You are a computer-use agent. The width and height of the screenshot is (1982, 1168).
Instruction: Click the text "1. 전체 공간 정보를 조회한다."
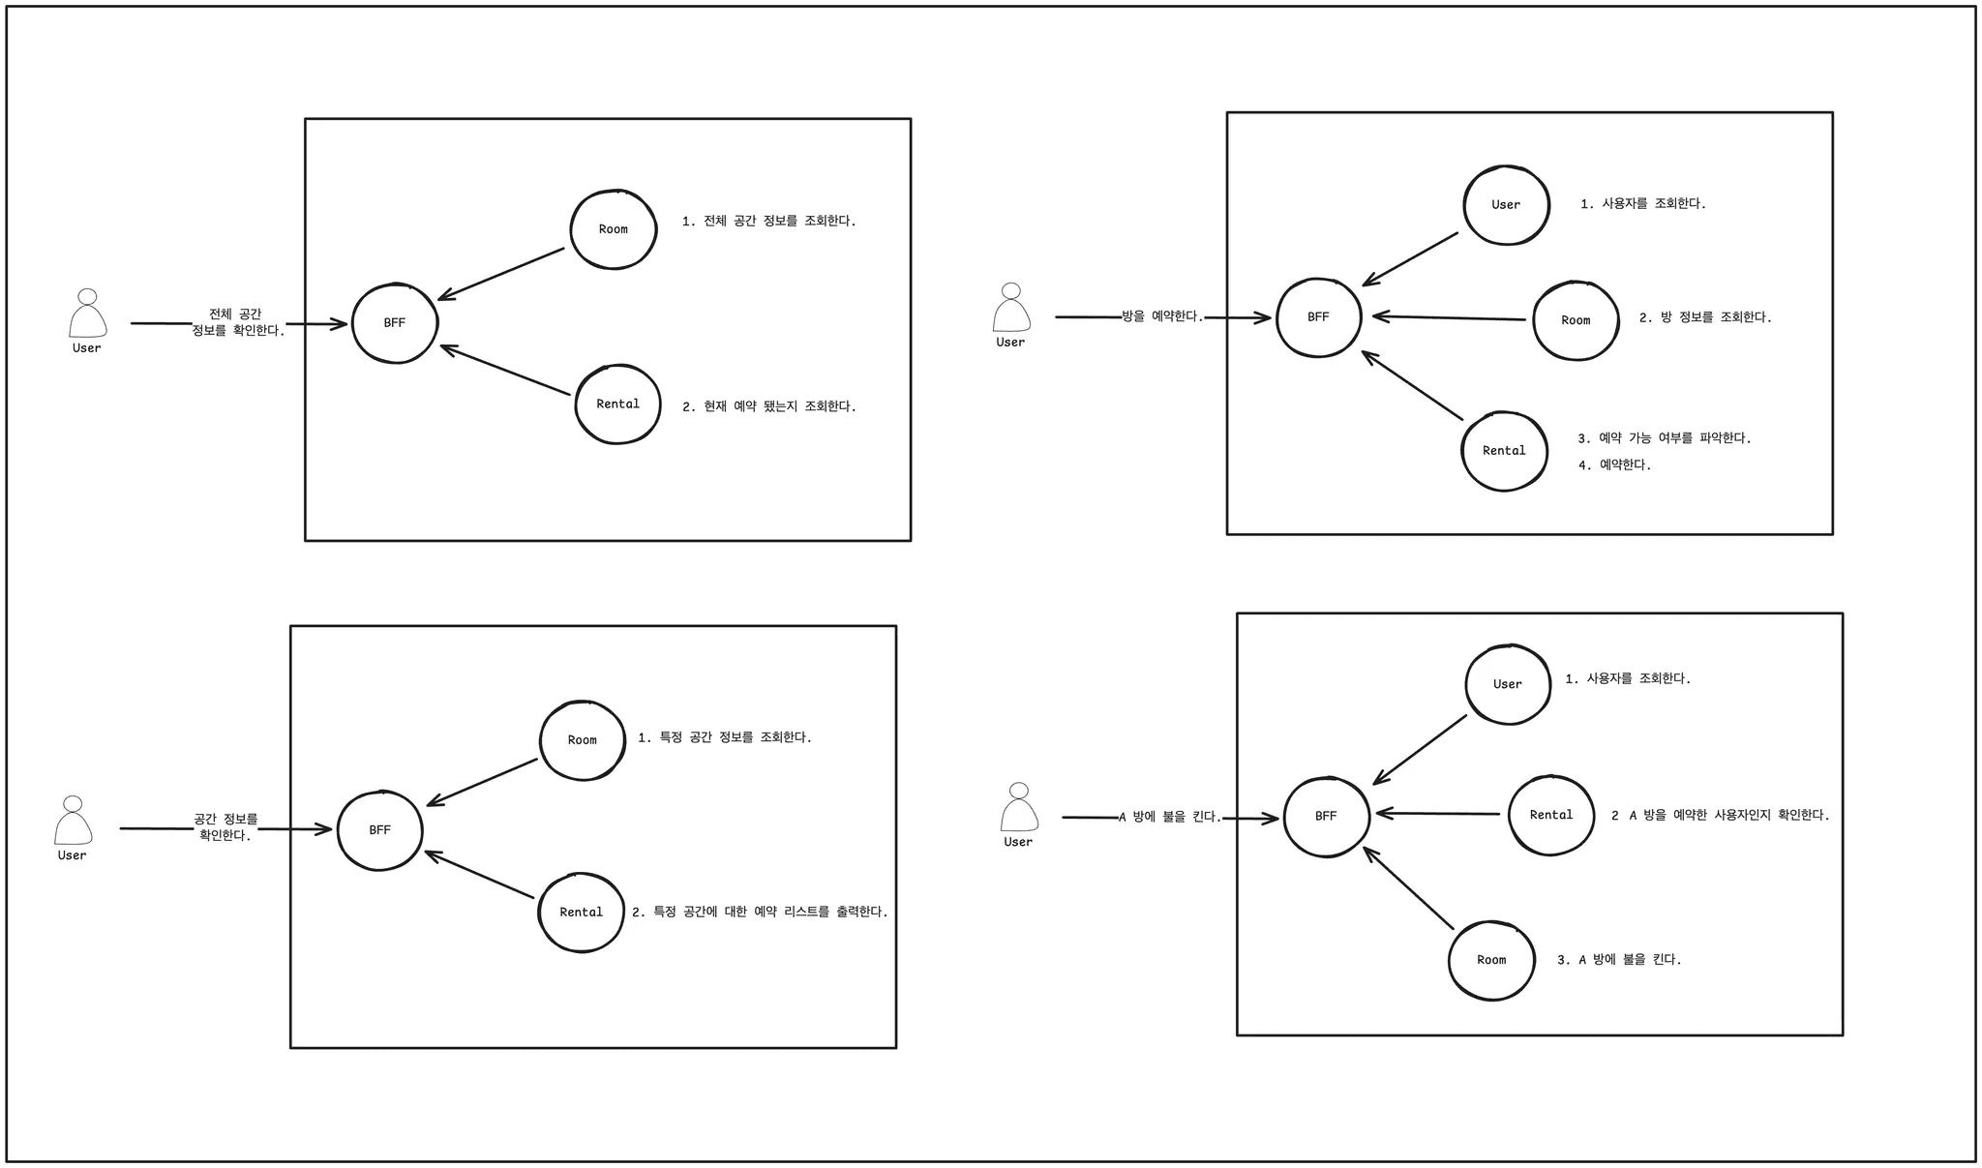point(769,222)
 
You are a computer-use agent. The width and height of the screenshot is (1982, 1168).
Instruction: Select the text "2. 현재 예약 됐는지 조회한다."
point(769,407)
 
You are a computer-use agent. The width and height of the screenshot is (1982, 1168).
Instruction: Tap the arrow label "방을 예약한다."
point(1162,316)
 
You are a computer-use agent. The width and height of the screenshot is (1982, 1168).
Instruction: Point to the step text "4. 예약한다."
point(1614,465)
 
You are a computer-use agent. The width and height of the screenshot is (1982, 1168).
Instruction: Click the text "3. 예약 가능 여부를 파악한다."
point(1665,438)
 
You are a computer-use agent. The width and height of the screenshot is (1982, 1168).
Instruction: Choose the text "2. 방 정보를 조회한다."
point(1705,317)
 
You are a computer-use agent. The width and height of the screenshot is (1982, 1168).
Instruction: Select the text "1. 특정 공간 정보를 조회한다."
point(725,737)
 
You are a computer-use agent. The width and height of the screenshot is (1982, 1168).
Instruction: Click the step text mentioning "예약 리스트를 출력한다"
point(760,912)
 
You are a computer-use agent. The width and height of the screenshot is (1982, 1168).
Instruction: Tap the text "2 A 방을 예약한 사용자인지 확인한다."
point(1720,816)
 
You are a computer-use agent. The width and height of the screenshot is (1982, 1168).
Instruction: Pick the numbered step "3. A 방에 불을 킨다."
point(1619,960)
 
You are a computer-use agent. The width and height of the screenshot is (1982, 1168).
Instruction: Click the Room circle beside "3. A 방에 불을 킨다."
point(1491,960)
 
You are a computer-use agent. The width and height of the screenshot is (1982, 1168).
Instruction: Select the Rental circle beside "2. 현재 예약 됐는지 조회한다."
point(617,404)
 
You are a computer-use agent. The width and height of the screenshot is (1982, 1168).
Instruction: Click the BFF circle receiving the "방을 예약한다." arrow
point(1318,317)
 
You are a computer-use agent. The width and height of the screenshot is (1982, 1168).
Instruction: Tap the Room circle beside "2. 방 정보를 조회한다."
point(1576,320)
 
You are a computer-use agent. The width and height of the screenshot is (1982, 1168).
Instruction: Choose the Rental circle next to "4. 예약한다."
point(1504,451)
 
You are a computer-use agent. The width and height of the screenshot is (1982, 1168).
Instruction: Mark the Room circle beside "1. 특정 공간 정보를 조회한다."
point(582,740)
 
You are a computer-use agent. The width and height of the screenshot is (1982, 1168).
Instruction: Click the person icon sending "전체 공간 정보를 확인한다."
point(87,314)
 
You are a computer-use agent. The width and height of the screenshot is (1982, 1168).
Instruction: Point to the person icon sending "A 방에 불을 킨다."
point(1018,808)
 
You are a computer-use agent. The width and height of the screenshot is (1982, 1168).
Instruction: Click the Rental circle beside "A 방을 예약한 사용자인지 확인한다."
point(1551,815)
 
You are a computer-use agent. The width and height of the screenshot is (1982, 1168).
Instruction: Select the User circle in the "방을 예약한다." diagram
point(1506,205)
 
